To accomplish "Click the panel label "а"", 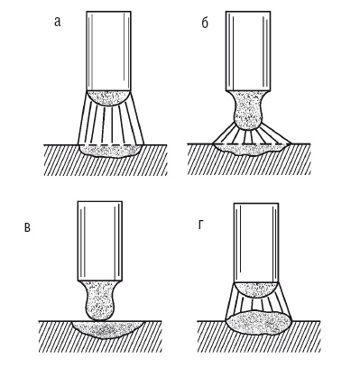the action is [x=58, y=22].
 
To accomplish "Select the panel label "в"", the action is [x=27, y=227].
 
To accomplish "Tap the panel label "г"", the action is [x=201, y=225].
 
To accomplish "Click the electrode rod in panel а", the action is [x=108, y=51].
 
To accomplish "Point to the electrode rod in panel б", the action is [x=248, y=51].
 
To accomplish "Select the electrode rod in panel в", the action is [x=100, y=241].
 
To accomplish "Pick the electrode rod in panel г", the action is [x=256, y=243].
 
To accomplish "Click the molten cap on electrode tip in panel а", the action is [x=108, y=97].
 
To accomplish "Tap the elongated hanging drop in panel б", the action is [x=248, y=110].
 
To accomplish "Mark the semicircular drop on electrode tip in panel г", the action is [x=256, y=290].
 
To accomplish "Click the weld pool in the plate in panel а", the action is [x=109, y=152].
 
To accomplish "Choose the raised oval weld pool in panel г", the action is [x=259, y=323].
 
